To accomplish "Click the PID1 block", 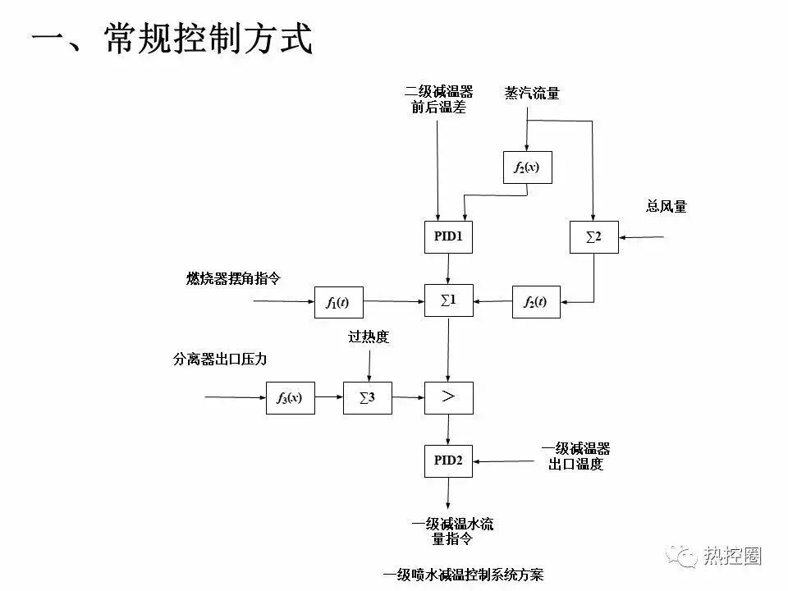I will point(448,236).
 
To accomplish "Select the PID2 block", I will point(448,460).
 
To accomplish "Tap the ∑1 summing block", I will point(448,300).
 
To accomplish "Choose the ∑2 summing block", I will point(593,236).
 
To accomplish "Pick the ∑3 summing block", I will point(367,398).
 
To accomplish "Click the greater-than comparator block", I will point(448,398).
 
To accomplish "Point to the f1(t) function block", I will point(337,302).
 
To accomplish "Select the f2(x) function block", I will point(526,167).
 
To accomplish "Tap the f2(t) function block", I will point(535,302).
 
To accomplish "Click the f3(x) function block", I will point(290,398).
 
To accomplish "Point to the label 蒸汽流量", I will point(532,94).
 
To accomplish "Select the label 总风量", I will point(667,207).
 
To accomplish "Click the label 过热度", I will point(369,337).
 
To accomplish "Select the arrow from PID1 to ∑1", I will point(448,268).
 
